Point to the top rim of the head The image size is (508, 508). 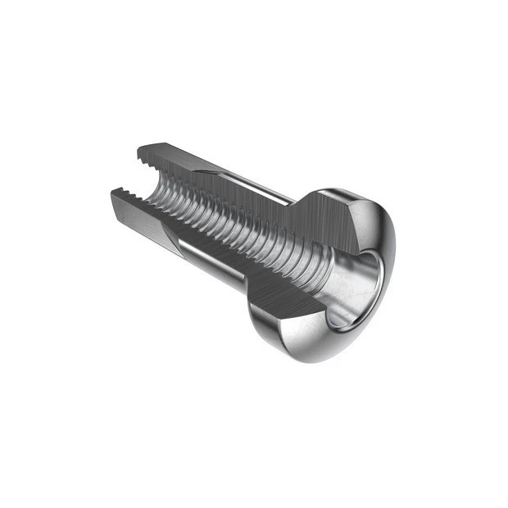[x=344, y=195]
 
